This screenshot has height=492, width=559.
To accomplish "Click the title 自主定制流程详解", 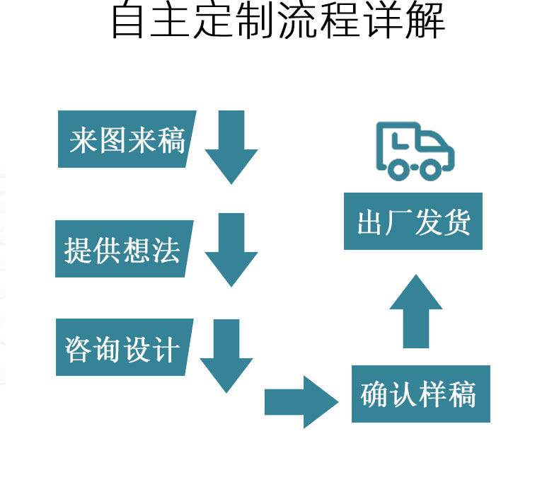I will pyautogui.click(x=278, y=21).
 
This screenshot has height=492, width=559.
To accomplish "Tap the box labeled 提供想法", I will pyautogui.click(x=122, y=249).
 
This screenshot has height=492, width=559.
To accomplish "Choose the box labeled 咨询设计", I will pyautogui.click(x=122, y=348).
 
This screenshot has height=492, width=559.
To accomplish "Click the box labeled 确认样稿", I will pyautogui.click(x=420, y=394).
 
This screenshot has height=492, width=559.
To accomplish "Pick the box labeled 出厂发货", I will pyautogui.click(x=413, y=222).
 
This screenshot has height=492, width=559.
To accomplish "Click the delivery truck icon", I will pyautogui.click(x=414, y=151).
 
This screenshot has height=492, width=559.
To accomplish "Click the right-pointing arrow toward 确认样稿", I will pyautogui.click(x=301, y=402).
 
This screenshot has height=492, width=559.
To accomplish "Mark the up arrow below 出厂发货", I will pyautogui.click(x=416, y=311).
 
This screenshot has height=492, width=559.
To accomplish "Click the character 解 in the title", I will pyautogui.click(x=424, y=21).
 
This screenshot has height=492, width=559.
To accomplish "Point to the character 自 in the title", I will pyautogui.click(x=130, y=21).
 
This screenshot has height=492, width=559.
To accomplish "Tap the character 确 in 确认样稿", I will pyautogui.click(x=374, y=394).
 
